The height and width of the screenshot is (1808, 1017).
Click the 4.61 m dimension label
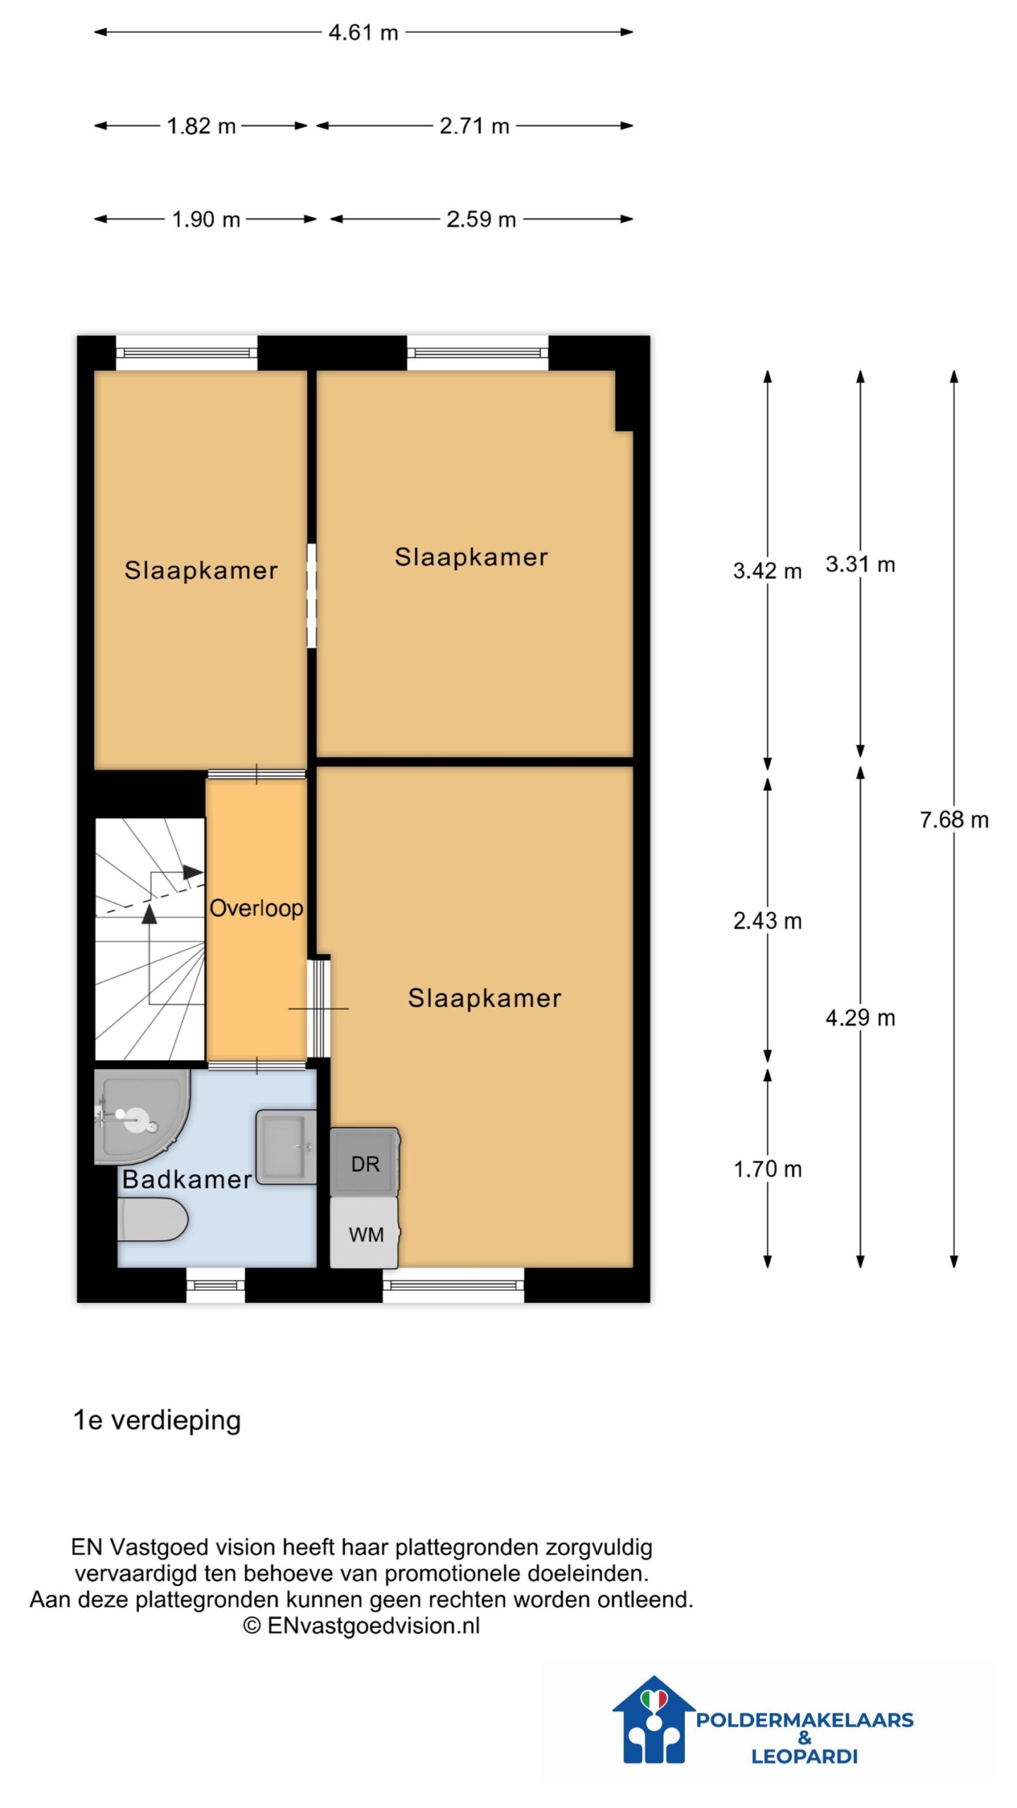tap(363, 32)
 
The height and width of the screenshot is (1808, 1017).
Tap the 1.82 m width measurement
tap(201, 126)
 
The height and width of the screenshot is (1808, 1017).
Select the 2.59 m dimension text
tap(481, 219)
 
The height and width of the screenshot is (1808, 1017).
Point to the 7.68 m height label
tap(953, 819)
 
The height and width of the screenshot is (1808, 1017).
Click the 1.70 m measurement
tap(767, 1169)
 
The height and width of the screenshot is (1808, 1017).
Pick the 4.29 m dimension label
tap(860, 1017)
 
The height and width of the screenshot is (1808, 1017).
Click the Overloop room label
tap(256, 908)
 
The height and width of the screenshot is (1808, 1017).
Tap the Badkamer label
tap(187, 1179)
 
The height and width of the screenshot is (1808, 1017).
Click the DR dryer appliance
tap(364, 1162)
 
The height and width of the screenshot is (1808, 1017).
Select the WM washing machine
tap(364, 1232)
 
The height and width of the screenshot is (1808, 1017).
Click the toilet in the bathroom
tap(153, 1218)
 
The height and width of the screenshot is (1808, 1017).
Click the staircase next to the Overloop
tap(150, 939)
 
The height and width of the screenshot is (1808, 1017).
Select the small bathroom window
tap(215, 1285)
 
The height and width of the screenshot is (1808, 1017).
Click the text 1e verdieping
tap(157, 1420)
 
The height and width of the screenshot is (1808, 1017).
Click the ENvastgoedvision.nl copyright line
tap(362, 1625)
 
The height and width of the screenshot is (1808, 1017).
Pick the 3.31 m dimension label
tap(860, 564)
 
